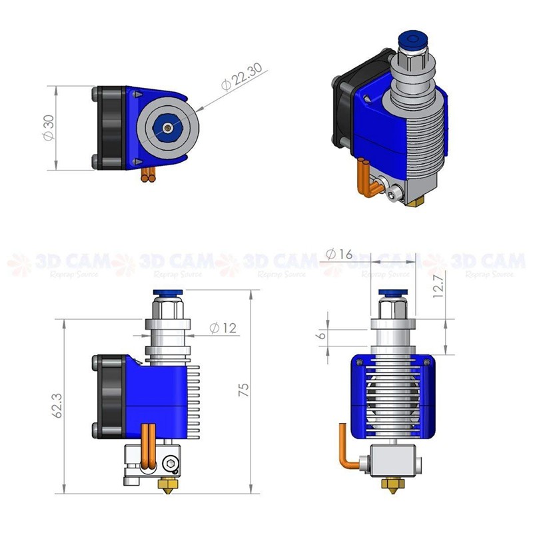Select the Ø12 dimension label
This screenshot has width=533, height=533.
[223, 328]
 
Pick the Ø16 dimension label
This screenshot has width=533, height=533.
[339, 254]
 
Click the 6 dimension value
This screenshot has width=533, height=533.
[322, 336]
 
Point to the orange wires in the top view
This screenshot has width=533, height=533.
[149, 176]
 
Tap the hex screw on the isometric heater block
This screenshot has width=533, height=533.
[393, 193]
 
